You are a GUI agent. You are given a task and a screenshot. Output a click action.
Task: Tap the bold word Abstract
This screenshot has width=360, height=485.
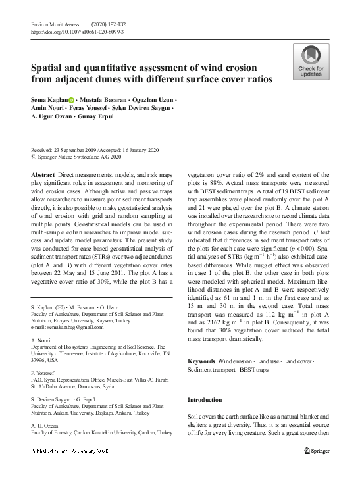tap(43, 174)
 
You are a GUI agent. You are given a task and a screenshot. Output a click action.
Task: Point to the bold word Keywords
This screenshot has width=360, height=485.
tap(201, 362)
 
